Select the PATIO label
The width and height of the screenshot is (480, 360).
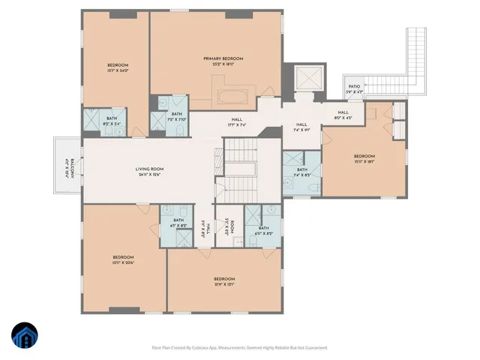353,88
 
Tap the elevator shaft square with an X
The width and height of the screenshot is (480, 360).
308,78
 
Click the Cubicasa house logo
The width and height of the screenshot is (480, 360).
26,334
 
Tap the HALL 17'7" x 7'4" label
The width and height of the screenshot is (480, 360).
236,121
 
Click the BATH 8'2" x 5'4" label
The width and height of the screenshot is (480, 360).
111,120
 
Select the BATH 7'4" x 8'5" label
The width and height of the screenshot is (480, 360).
301,172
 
